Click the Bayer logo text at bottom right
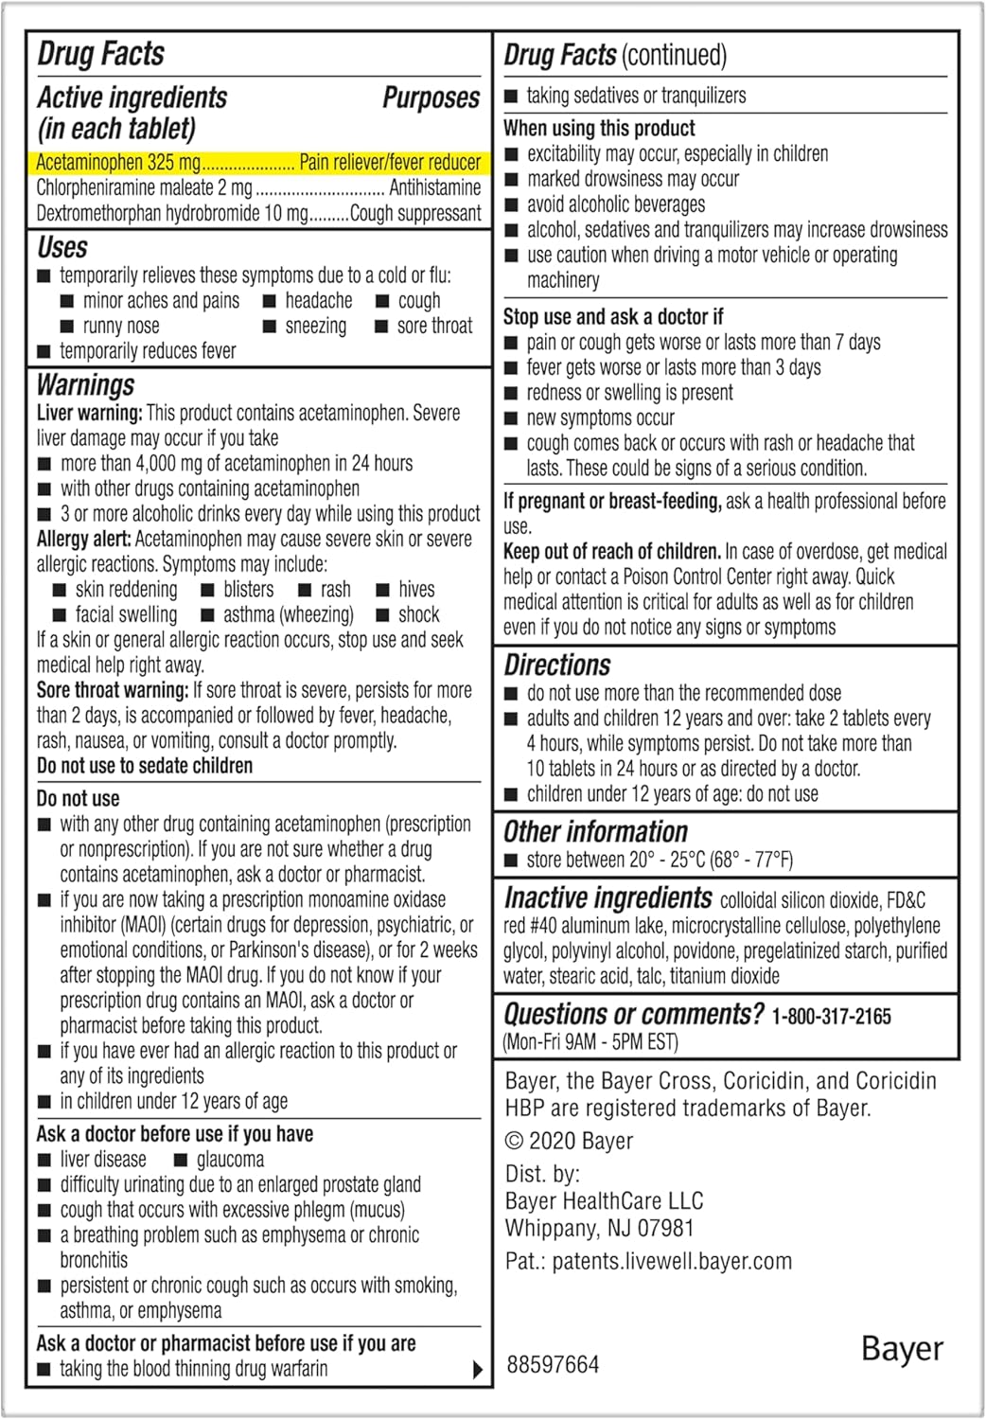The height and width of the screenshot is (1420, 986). [902, 1349]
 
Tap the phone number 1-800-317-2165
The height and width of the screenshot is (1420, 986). [832, 1017]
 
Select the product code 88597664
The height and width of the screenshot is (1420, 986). [553, 1364]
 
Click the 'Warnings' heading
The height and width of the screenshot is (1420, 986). [85, 385]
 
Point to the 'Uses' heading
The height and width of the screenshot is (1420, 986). [62, 248]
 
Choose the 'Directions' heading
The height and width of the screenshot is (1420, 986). [557, 665]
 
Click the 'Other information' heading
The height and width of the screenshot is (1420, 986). [595, 832]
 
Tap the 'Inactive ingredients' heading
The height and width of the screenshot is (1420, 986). [607, 897]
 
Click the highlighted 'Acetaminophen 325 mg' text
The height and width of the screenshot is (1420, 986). [118, 163]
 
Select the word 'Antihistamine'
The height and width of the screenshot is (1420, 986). [434, 187]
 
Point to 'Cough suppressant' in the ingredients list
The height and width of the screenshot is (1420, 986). [415, 213]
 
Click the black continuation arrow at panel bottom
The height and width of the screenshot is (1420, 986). [477, 1369]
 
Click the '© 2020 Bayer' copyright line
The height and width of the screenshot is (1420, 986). [569, 1141]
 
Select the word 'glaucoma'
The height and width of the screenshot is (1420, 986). [230, 1160]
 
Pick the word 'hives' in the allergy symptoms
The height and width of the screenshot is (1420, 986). [416, 589]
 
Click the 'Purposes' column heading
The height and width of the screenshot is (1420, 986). [431, 98]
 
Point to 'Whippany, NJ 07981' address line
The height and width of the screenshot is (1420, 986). [599, 1228]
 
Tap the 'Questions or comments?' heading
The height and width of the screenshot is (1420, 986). [633, 1015]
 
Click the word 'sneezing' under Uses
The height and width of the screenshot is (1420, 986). [316, 327]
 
